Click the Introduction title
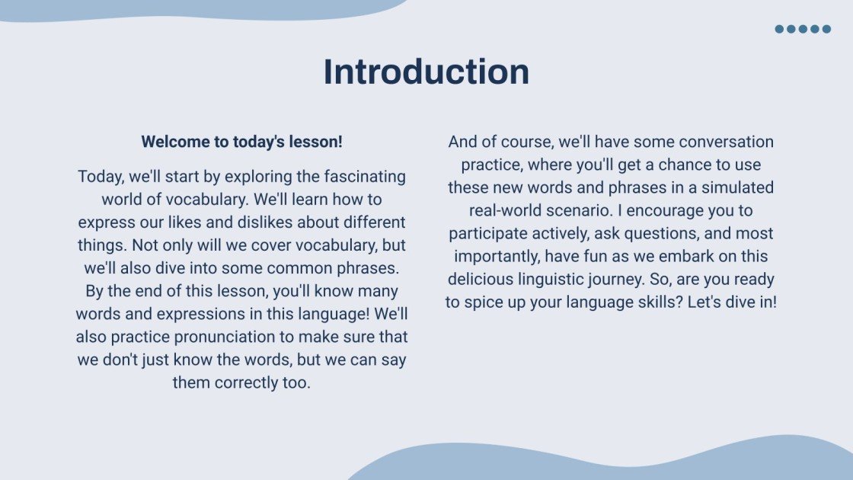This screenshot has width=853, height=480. pyautogui.click(x=426, y=72)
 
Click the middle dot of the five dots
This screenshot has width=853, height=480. pyautogui.click(x=803, y=29)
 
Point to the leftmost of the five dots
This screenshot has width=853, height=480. pyautogui.click(x=780, y=29)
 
